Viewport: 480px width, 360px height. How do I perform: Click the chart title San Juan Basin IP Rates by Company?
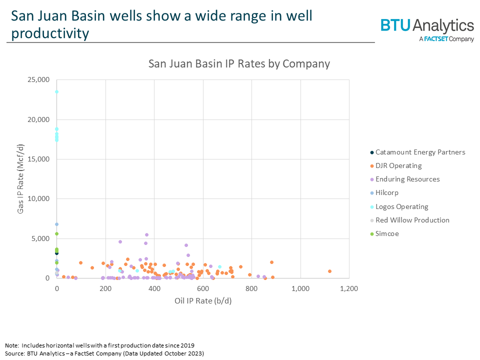click(x=239, y=64)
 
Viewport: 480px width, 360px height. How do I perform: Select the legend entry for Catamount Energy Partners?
click(x=420, y=152)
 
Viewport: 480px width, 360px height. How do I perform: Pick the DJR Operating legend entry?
click(x=398, y=165)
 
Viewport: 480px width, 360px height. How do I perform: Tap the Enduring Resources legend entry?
click(x=407, y=179)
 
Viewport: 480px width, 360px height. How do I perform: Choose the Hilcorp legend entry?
click(x=387, y=192)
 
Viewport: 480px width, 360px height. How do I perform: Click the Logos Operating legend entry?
click(x=401, y=206)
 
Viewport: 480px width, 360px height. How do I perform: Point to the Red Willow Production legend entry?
click(x=412, y=220)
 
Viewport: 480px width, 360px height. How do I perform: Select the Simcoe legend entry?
click(x=387, y=233)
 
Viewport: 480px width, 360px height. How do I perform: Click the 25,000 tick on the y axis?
click(x=37, y=80)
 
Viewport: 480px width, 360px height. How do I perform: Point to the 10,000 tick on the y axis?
click(x=37, y=199)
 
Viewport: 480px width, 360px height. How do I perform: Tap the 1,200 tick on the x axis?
click(x=348, y=289)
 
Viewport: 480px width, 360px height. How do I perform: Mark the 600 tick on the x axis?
click(x=202, y=289)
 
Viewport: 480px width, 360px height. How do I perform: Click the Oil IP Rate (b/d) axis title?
click(x=202, y=301)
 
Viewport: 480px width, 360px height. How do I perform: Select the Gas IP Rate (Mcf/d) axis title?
click(x=21, y=179)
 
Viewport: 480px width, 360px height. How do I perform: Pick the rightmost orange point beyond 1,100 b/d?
click(x=329, y=271)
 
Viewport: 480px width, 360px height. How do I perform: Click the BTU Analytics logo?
click(x=427, y=29)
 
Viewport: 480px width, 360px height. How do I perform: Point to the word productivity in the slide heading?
click(x=50, y=33)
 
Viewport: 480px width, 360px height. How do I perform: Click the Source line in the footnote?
click(x=104, y=353)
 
